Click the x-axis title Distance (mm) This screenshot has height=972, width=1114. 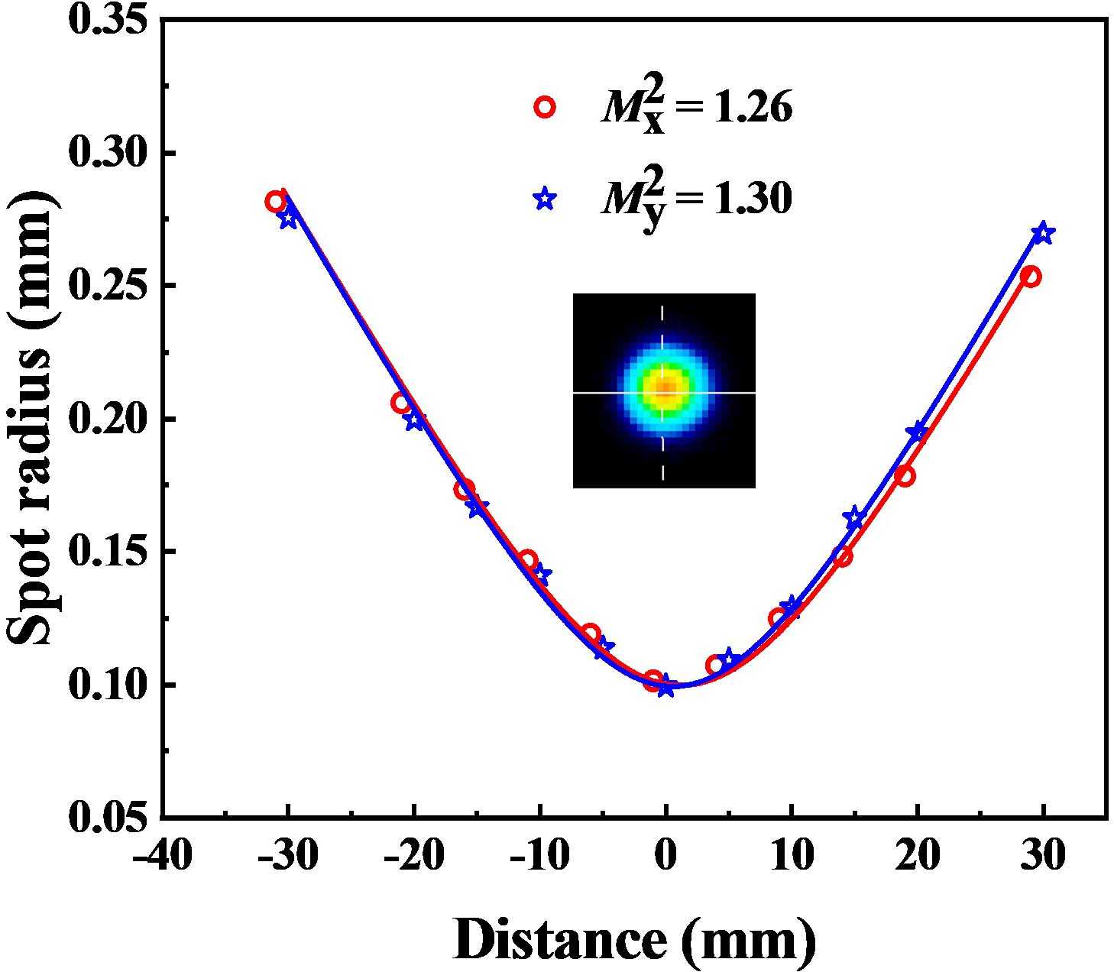pos(634,938)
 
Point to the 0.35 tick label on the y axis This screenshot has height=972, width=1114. pos(107,20)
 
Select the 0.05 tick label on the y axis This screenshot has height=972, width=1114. pos(107,818)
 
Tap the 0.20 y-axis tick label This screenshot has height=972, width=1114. pos(107,419)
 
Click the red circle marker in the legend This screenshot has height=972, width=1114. pos(545,107)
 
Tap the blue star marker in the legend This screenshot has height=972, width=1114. pos(545,199)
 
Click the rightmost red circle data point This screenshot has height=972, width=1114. pos(1031,277)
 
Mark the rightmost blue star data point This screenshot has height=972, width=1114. pos(1043,234)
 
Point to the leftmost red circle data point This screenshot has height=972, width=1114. pos(275,202)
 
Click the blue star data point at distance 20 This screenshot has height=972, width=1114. pos(917,433)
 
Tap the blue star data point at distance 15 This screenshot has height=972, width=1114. pos(854,517)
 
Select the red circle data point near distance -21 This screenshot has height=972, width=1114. pos(401,403)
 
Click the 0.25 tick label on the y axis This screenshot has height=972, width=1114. pos(107,286)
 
